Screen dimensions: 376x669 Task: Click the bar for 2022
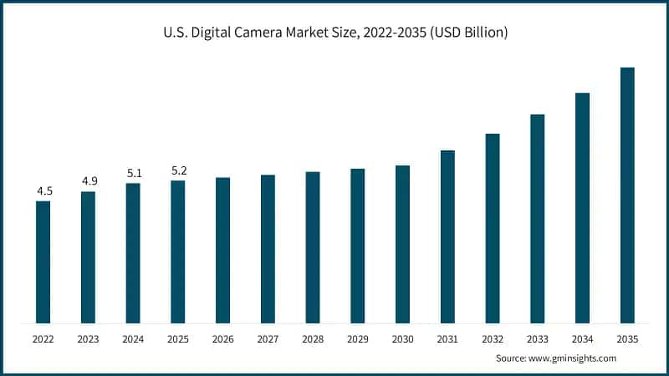point(43,262)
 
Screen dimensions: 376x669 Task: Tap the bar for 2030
point(402,244)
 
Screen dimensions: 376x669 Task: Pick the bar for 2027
point(268,248)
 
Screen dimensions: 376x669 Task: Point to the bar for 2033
point(537,218)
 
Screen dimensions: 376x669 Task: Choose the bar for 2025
point(178,252)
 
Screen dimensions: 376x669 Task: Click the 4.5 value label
point(43,191)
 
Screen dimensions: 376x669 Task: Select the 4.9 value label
point(88,181)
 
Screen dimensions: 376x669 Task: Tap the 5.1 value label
point(133,173)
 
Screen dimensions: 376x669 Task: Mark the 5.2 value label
point(178,170)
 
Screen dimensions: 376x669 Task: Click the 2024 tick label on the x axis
point(133,339)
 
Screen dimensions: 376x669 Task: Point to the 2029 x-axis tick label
point(357,339)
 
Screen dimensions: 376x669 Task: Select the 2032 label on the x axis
point(492,339)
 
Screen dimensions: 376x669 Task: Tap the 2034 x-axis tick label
point(582,339)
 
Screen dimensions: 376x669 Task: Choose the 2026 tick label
point(222,339)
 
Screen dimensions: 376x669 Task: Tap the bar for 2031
point(447,236)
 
